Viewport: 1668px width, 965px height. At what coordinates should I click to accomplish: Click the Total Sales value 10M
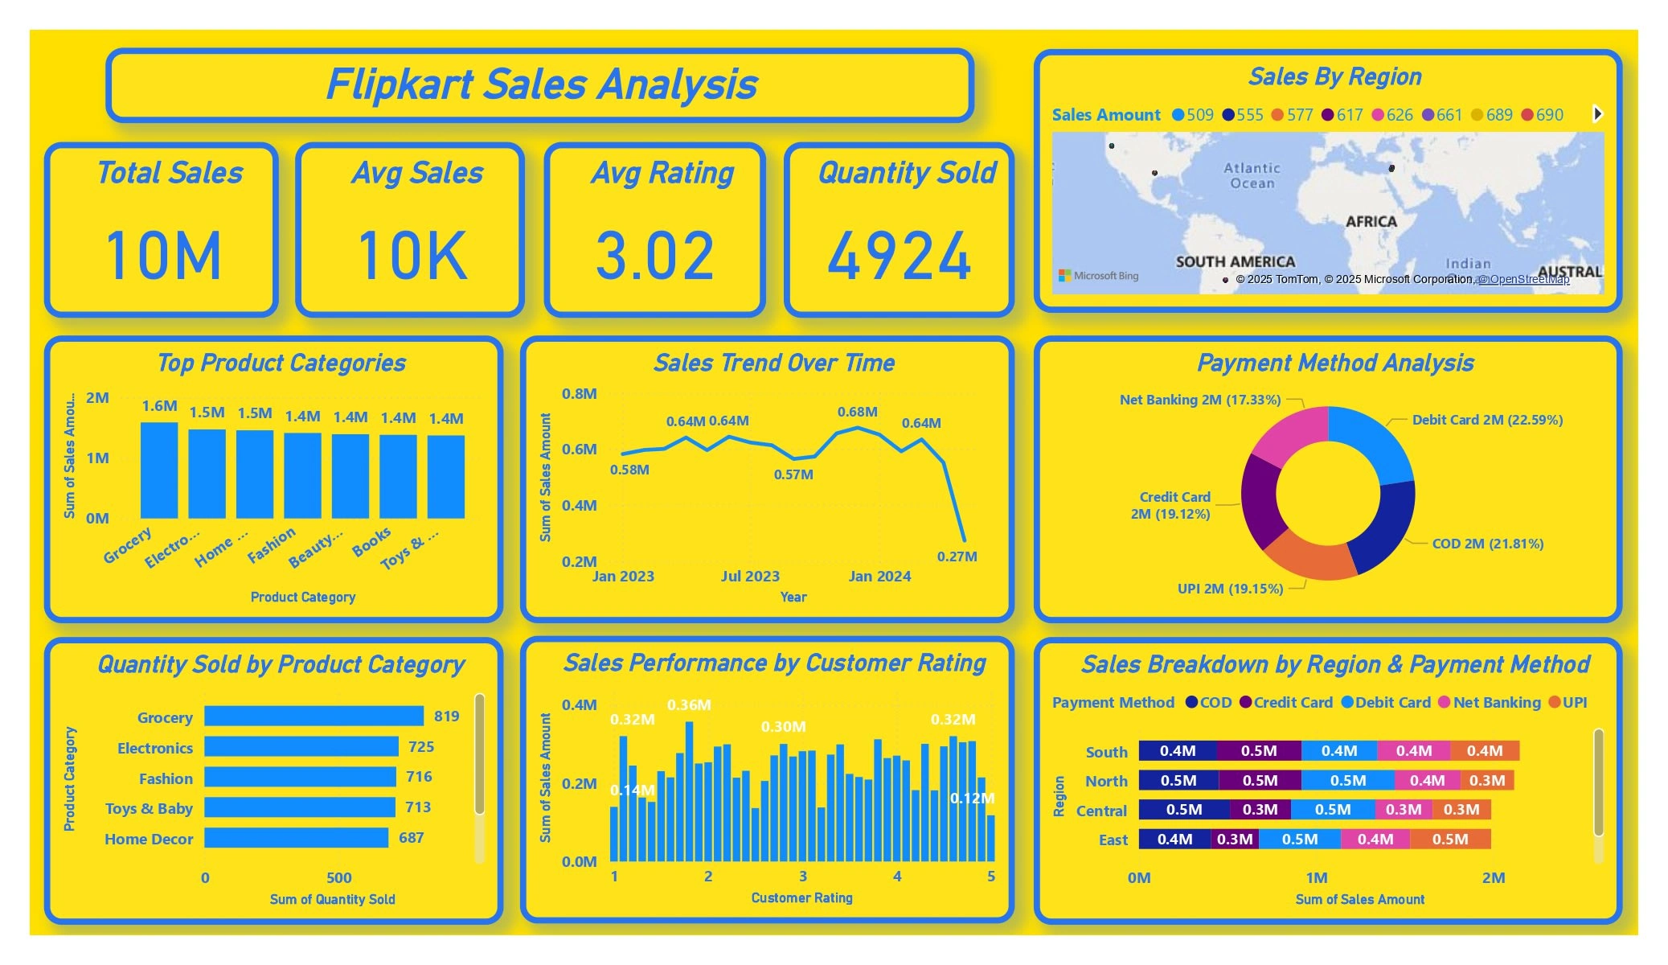(163, 256)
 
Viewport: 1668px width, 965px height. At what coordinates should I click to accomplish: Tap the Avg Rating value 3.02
(654, 256)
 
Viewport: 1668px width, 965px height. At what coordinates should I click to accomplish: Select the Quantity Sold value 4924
(900, 256)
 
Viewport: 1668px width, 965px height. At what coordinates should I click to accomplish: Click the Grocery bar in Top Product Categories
(159, 470)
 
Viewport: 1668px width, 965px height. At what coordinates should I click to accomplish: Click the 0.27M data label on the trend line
(957, 556)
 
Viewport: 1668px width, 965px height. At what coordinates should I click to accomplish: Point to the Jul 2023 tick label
(750, 577)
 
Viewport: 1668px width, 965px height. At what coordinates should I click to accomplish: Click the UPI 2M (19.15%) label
(1230, 589)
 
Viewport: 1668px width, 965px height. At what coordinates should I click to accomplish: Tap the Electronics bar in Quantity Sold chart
(301, 747)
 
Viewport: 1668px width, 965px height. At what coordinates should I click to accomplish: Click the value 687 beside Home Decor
(412, 838)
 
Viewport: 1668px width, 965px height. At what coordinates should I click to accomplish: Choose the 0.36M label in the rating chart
(689, 705)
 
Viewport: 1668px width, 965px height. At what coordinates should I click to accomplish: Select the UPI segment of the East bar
(1450, 840)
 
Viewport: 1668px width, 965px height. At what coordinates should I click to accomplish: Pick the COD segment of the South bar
(1178, 751)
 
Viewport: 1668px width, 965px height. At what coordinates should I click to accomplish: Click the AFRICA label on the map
(1371, 221)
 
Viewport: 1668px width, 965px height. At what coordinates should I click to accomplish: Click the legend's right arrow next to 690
(1598, 114)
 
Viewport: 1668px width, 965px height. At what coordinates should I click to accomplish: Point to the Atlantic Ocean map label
(1252, 175)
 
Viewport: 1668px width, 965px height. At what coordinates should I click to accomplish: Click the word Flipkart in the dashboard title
(400, 84)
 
